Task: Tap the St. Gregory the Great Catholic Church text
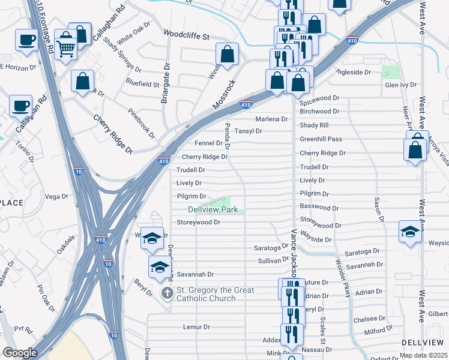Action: tap(215, 294)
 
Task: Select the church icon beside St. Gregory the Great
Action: tap(167, 293)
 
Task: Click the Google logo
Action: tap(20, 353)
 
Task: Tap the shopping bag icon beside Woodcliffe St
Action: tap(228, 55)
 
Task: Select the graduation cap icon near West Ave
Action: tap(410, 232)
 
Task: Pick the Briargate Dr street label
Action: tap(166, 85)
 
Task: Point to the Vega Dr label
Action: tap(56, 196)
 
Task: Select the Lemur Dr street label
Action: tap(197, 327)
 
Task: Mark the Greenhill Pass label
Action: tap(321, 139)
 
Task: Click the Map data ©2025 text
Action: tap(423, 355)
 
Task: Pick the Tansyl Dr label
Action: tap(249, 131)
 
